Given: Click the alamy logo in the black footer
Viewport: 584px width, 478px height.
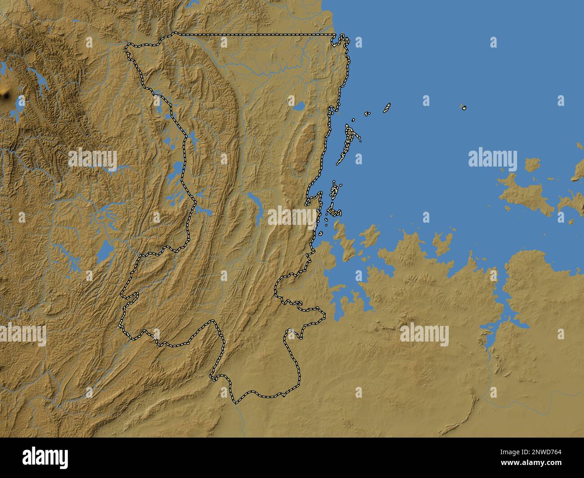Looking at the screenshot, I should coord(45,457).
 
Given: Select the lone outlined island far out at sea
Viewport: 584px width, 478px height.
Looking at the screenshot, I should coord(464,108).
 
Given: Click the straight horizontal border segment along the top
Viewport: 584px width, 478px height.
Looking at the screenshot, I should coord(256,34).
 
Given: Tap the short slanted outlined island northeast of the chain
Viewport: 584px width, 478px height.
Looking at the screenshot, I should coord(386,108).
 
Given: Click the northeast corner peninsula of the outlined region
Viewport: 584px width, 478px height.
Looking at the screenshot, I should coord(343,40).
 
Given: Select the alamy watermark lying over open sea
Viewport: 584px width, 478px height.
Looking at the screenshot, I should coord(492,158).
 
